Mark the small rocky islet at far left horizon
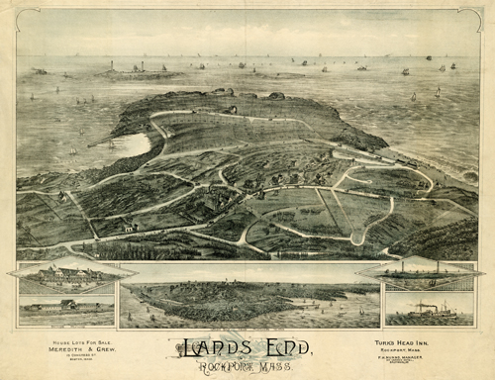point(39,70)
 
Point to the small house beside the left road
point(128,227)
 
